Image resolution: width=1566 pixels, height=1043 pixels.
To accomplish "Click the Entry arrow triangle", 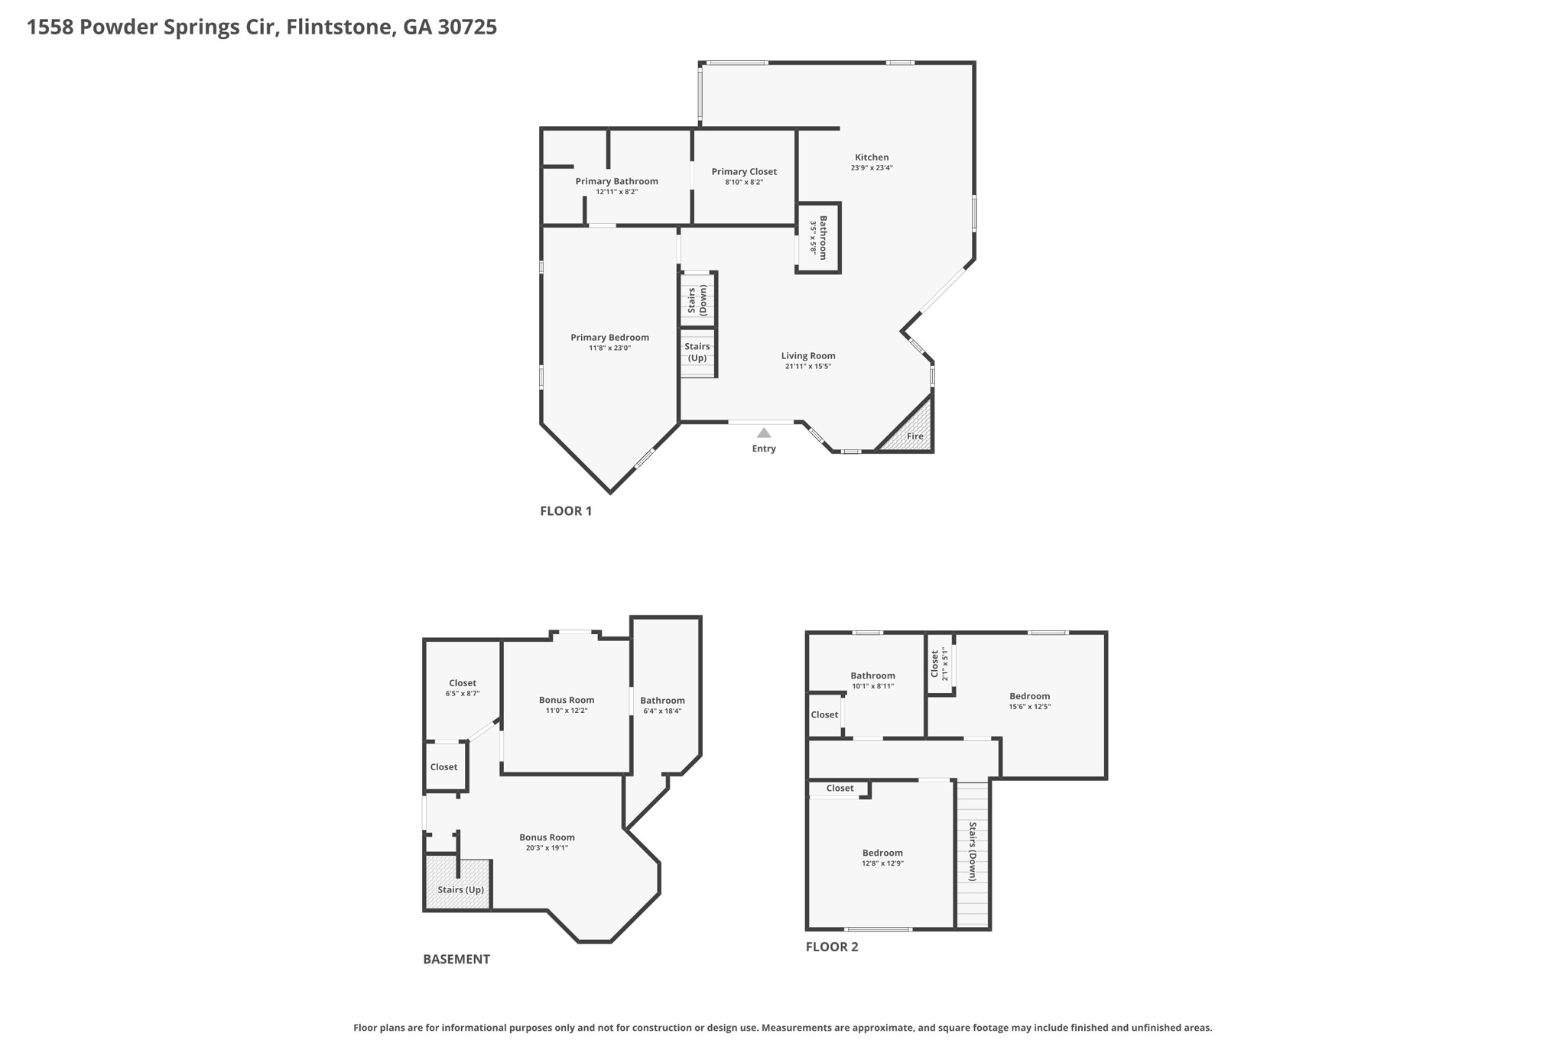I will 763,433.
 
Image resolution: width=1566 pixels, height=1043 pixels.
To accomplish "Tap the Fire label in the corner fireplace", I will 915,436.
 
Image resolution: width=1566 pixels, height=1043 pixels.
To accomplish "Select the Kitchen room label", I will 872,157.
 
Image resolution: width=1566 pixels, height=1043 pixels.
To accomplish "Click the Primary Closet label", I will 744,172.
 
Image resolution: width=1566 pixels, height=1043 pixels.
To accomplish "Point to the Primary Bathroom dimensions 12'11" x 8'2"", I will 616,192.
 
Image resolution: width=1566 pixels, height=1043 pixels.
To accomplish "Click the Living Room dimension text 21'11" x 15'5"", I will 807,366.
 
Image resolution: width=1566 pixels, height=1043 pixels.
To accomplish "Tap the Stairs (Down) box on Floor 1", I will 697,299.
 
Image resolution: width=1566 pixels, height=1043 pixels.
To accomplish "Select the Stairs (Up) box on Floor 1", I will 697,352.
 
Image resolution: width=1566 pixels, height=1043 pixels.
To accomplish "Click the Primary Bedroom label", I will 609,338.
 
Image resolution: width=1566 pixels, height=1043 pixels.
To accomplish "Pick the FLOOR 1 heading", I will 566,511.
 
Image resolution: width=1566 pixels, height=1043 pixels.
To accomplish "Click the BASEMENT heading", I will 456,959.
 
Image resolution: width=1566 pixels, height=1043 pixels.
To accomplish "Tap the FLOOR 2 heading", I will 832,947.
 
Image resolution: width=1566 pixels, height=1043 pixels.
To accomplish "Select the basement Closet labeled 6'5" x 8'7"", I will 463,688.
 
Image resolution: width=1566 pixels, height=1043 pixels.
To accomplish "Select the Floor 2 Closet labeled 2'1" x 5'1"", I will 940,663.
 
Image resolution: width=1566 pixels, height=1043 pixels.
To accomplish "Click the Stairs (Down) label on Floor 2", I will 973,851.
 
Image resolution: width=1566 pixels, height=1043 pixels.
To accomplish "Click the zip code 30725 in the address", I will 467,28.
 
